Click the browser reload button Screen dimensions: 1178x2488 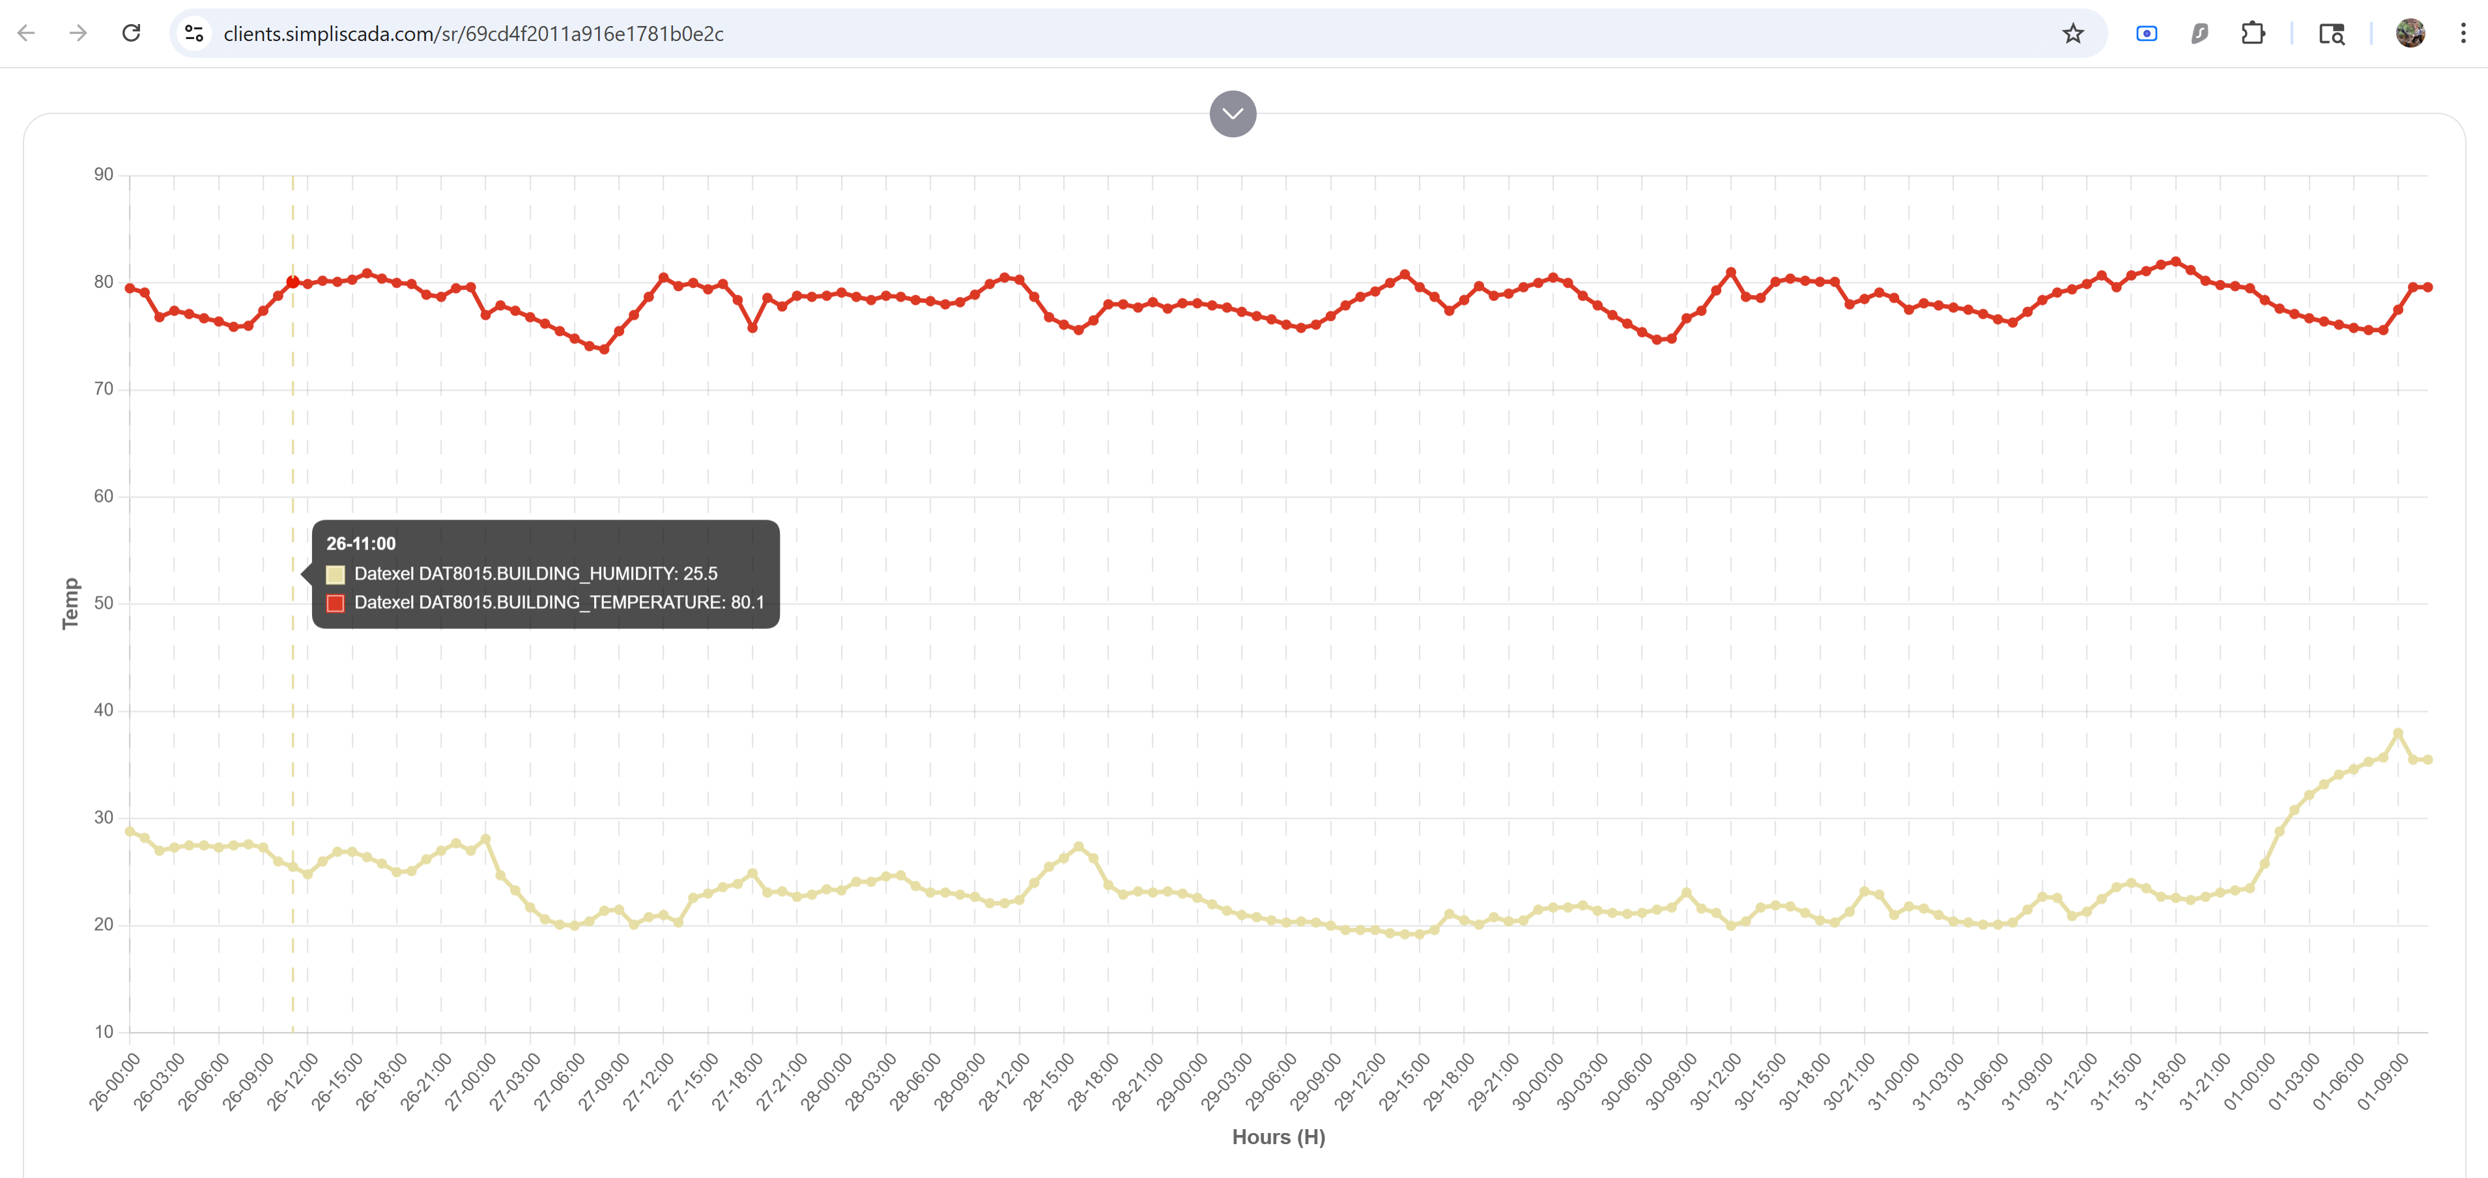tap(132, 34)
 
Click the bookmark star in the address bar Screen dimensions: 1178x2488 tap(2073, 34)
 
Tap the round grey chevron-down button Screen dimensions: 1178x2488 tap(1233, 114)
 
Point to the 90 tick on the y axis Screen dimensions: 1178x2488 tap(104, 175)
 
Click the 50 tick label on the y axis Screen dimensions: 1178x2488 tap(104, 604)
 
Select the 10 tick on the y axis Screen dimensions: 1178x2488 tap(104, 1031)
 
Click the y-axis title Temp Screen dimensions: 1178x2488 tap(70, 604)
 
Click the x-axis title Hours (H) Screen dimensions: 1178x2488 tap(1278, 1136)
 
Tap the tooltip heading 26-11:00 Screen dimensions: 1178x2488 tap(360, 544)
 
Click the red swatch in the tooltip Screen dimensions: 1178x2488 tap(335, 604)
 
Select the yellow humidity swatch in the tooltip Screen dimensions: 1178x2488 tap(335, 574)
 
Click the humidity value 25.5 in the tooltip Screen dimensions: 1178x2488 tap(700, 574)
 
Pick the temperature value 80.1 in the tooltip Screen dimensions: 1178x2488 tap(747, 602)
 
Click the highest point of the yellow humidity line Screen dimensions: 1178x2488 tap(2397, 734)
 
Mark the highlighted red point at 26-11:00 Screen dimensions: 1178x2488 tap(293, 282)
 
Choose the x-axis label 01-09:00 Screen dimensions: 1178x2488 tap(2382, 1082)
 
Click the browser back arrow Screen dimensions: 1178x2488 tap(26, 34)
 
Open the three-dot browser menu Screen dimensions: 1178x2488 tap(2462, 34)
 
